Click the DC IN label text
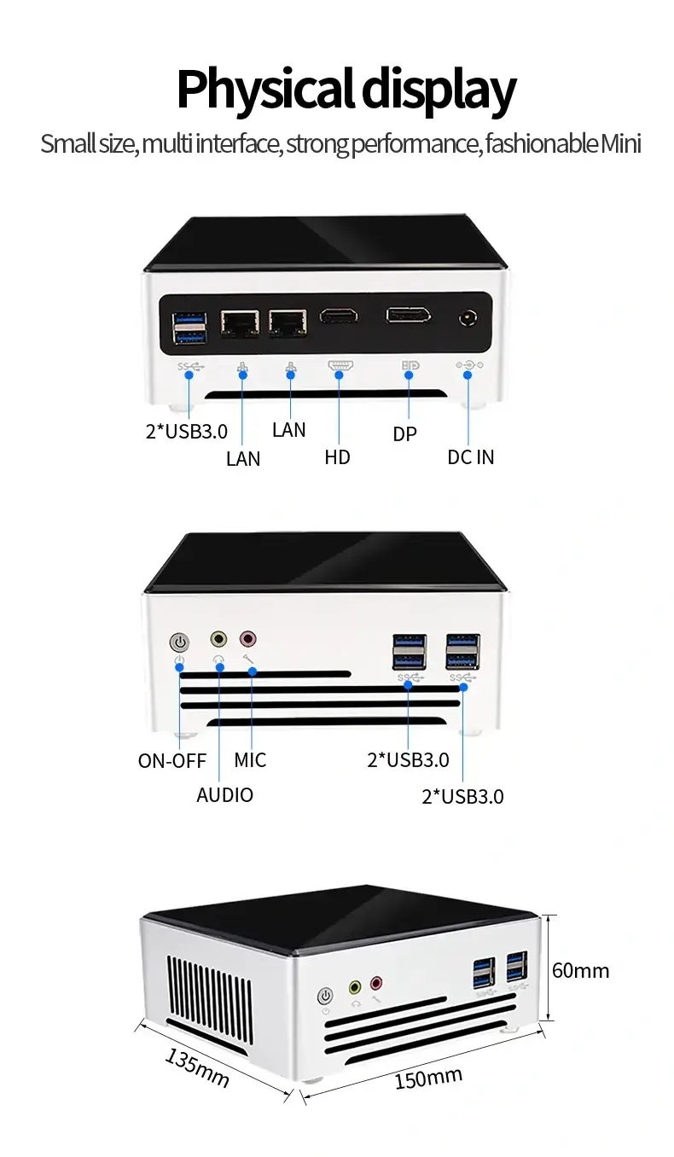click(470, 457)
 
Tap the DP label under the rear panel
click(405, 434)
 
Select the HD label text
click(338, 457)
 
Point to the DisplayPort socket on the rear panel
click(408, 316)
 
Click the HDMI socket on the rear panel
click(339, 317)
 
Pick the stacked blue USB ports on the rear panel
click(190, 328)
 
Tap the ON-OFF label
click(172, 760)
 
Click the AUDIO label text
click(225, 795)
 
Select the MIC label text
click(250, 760)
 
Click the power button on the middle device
click(180, 642)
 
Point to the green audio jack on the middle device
click(219, 638)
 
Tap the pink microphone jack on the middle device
click(247, 637)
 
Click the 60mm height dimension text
click(581, 970)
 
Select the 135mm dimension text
click(197, 1067)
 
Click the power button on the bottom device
click(325, 996)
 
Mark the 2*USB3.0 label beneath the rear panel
click(186, 431)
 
